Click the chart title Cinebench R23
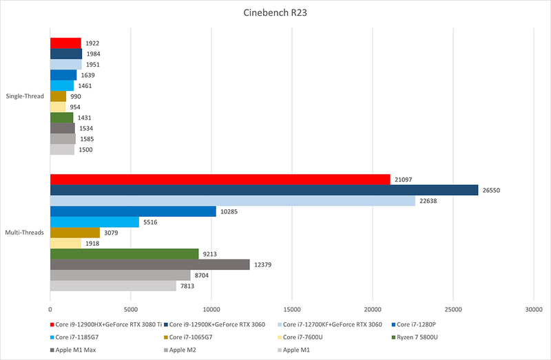(275, 13)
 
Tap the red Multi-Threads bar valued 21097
(220, 179)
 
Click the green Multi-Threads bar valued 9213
(124, 254)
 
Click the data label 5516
(153, 222)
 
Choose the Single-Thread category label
(25, 96)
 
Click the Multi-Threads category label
(25, 233)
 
